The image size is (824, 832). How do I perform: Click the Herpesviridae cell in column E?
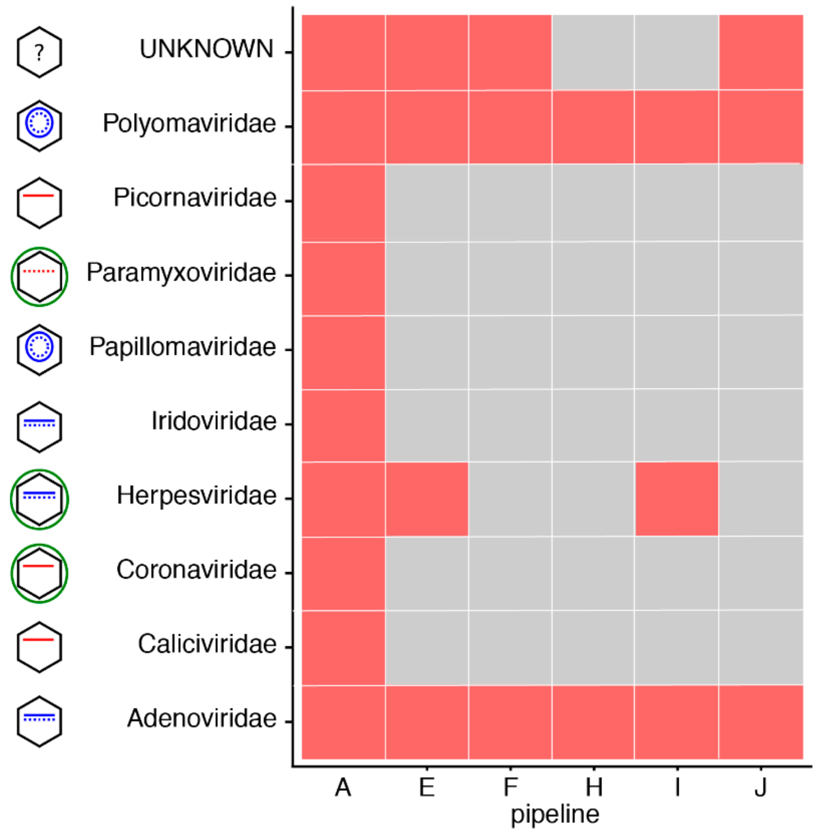426,499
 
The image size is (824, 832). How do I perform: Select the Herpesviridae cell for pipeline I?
676,499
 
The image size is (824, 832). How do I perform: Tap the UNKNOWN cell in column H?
593,53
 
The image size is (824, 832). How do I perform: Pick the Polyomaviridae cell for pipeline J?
761,127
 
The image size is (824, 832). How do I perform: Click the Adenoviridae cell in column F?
510,722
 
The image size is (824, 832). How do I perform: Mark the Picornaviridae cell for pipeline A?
343,202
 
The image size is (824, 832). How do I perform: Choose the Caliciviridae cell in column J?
761,648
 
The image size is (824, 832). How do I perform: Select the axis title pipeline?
555,814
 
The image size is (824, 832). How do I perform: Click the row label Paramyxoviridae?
181,273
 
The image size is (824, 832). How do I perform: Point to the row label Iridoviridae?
214,421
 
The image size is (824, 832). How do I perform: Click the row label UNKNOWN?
206,49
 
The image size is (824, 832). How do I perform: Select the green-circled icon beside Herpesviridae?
39,499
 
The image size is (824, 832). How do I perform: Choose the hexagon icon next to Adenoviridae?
39,722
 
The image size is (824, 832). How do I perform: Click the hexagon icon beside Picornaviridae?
39,202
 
